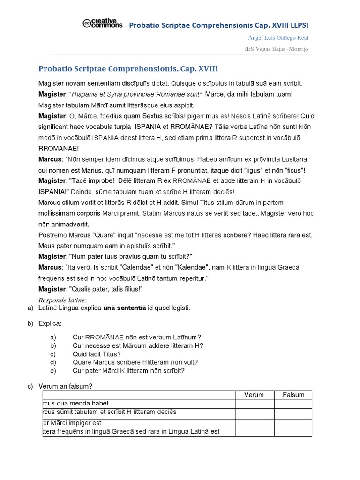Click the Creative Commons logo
tap(102, 23)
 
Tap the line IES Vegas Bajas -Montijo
tap(277, 49)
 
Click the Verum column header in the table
tap(255, 395)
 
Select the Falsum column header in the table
tap(293, 395)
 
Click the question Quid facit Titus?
tap(97, 354)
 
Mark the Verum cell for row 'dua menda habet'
tap(255, 404)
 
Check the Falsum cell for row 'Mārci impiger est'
tap(293, 423)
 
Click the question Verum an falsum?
tap(66, 386)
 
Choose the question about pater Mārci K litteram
tap(129, 371)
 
